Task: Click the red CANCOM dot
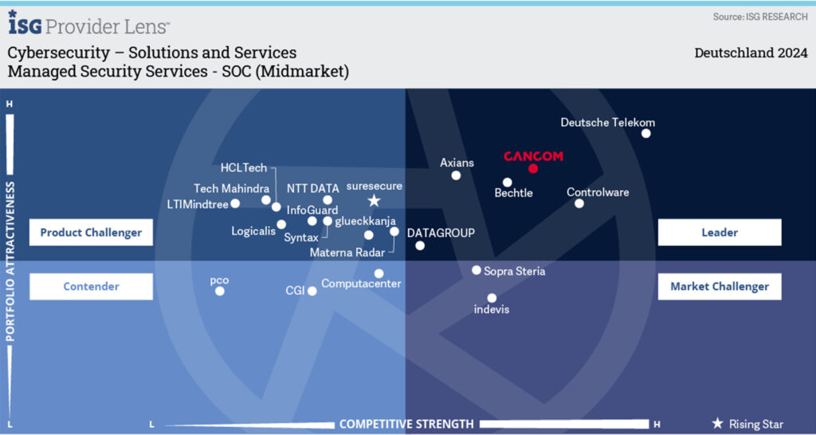(533, 168)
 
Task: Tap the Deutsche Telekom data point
(645, 133)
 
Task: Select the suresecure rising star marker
(374, 200)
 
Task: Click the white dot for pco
(220, 291)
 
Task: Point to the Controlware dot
(579, 204)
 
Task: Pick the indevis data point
(492, 298)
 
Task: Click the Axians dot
(456, 176)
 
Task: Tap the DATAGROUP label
(441, 233)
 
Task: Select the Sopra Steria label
(515, 271)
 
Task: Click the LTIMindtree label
(198, 205)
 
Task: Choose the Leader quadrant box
(720, 232)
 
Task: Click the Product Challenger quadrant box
(91, 232)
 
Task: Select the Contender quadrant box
(91, 287)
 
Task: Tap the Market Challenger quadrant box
(720, 287)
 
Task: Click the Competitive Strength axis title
(406, 424)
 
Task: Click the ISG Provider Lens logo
(88, 23)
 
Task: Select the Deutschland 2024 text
(751, 53)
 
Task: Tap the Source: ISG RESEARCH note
(760, 17)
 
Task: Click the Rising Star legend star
(718, 424)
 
